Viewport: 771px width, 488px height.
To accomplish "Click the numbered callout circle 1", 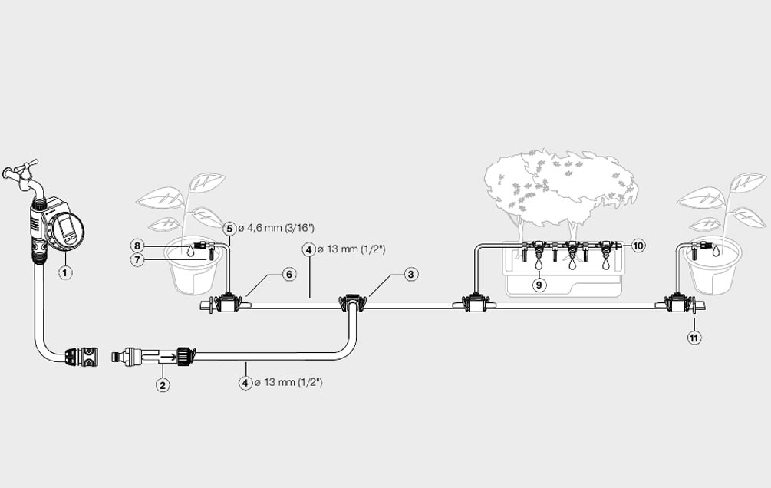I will (x=66, y=272).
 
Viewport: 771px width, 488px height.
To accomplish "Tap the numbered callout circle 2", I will (x=163, y=385).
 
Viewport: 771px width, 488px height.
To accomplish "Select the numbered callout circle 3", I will (x=411, y=274).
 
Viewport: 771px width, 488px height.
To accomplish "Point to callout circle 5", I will (x=229, y=229).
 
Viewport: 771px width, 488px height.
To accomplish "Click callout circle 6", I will (x=288, y=274).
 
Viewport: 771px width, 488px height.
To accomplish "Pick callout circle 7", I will (x=137, y=260).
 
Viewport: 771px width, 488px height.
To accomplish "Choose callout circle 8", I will (x=137, y=246).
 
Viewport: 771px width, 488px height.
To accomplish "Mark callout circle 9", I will (x=539, y=285).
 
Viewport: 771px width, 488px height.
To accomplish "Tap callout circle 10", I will (x=638, y=246).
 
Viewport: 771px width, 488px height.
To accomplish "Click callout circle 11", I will (x=694, y=337).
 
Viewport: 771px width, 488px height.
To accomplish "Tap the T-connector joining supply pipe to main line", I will (x=352, y=303).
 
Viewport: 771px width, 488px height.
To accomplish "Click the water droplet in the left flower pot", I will (x=189, y=249).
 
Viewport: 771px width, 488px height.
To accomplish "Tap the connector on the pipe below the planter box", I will (x=474, y=304).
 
